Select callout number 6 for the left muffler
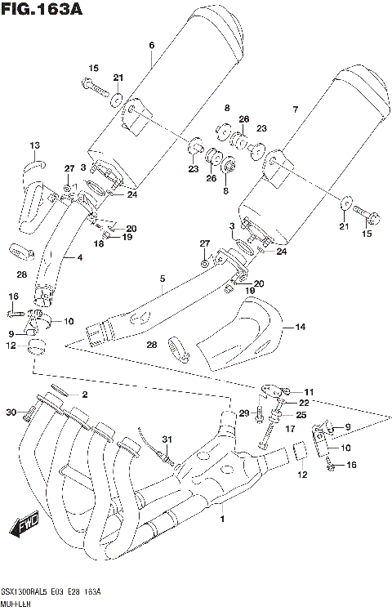pyautogui.click(x=151, y=46)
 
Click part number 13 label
pyautogui.click(x=33, y=145)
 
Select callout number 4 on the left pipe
pyautogui.click(x=80, y=259)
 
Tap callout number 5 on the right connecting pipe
pyautogui.click(x=162, y=279)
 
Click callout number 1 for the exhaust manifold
pyautogui.click(x=221, y=519)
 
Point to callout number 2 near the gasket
pyautogui.click(x=83, y=395)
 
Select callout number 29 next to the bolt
pyautogui.click(x=243, y=413)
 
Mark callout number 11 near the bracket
pyautogui.click(x=309, y=393)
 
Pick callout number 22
pyautogui.click(x=303, y=404)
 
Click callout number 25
pyautogui.click(x=301, y=415)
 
